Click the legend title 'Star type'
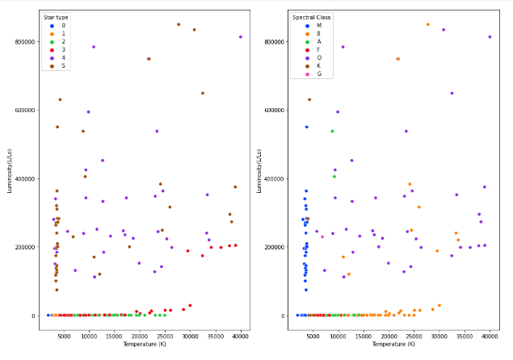point(57,16)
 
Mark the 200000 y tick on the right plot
point(271,247)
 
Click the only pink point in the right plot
point(322,237)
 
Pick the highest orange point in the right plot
point(427,24)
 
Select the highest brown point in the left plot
point(179,24)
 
